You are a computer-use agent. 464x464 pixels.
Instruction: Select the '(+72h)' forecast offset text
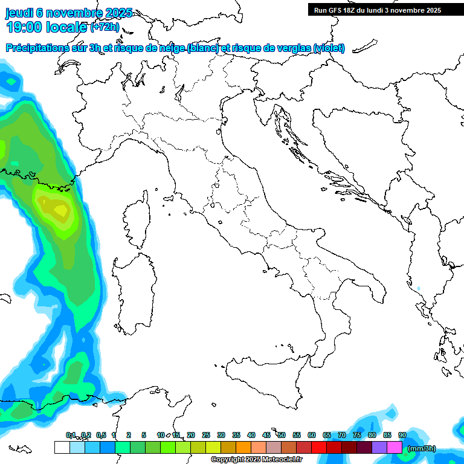[x=105, y=27]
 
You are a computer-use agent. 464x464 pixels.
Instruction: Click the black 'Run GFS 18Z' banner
[x=377, y=10]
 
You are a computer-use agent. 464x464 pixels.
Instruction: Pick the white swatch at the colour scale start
[x=62, y=447]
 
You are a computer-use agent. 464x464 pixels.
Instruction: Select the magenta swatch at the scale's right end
[x=395, y=447]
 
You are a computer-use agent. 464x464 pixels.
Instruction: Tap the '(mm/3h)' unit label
[x=421, y=448]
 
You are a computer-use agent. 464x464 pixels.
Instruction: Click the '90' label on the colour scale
[x=402, y=435]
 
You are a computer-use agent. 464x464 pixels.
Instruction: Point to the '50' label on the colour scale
[x=282, y=435]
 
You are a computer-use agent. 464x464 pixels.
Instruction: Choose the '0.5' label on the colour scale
[x=101, y=435]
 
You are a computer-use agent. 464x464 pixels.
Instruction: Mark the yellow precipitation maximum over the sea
[x=59, y=210]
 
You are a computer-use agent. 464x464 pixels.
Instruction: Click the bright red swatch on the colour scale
[x=319, y=447]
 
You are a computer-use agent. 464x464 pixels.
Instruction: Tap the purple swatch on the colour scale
[x=379, y=447]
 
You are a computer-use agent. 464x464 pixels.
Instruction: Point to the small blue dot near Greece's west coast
[x=418, y=288]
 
